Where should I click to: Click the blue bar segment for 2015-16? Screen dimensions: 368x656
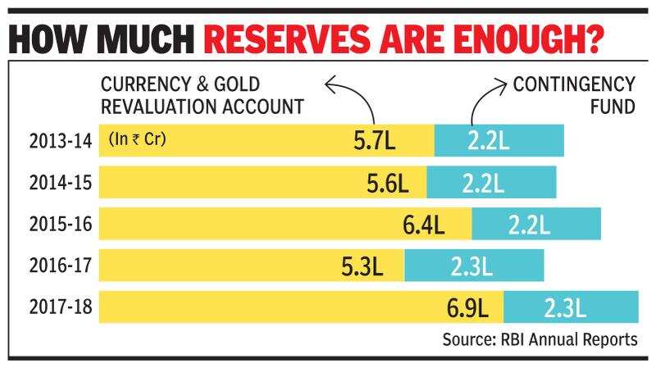pos(536,224)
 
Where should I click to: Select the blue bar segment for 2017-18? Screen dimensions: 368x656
pos(571,307)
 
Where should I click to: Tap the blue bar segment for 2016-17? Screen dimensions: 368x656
pos(474,265)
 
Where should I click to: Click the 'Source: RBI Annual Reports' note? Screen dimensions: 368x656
pos(539,339)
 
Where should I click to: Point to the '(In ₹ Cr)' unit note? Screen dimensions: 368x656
pos(137,139)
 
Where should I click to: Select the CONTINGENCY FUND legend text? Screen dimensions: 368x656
pos(573,95)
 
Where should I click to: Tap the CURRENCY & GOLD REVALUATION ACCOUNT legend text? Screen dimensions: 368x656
pos(201,95)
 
